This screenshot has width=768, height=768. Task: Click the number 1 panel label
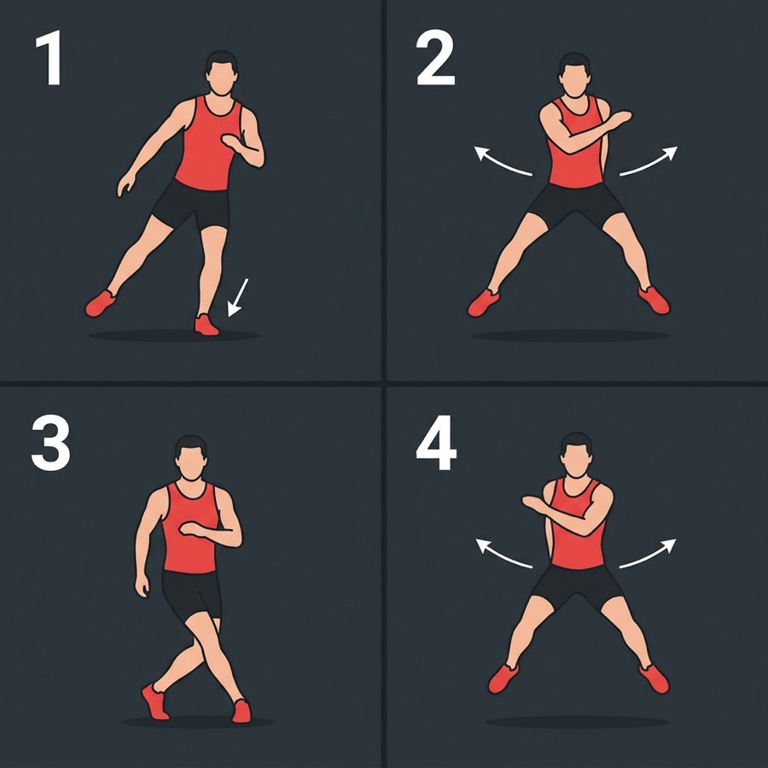pyautogui.click(x=49, y=57)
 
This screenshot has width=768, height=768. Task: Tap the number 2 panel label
pyautogui.click(x=435, y=57)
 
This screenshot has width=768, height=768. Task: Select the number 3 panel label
pyautogui.click(x=50, y=443)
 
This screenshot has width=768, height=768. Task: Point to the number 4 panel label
pyautogui.click(x=436, y=443)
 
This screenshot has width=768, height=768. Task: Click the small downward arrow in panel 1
pyautogui.click(x=238, y=297)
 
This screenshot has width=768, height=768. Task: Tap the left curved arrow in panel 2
pyautogui.click(x=502, y=161)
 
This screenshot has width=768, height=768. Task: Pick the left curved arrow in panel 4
pyautogui.click(x=503, y=554)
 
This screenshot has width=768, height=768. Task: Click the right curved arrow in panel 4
pyautogui.click(x=648, y=554)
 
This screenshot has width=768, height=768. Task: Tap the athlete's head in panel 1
pyautogui.click(x=221, y=73)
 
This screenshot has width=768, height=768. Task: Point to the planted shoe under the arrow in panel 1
pyautogui.click(x=207, y=325)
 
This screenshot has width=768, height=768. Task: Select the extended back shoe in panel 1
pyautogui.click(x=101, y=303)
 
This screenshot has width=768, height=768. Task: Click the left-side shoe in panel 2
pyautogui.click(x=483, y=303)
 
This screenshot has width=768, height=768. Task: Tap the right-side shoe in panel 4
pyautogui.click(x=654, y=679)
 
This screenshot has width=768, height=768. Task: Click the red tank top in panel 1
pyautogui.click(x=208, y=143)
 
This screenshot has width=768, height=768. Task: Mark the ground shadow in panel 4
pyautogui.click(x=577, y=722)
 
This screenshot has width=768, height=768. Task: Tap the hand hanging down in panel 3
pyautogui.click(x=142, y=585)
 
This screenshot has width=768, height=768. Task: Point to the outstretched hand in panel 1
pyautogui.click(x=126, y=184)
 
